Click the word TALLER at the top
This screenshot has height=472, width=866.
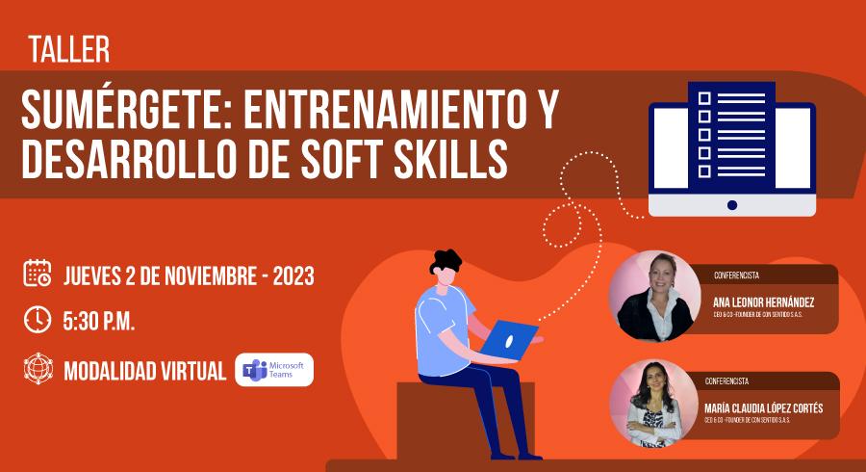69,49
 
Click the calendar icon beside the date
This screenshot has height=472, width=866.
38,273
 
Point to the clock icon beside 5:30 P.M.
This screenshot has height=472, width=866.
38,320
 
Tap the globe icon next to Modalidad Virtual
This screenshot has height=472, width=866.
38,369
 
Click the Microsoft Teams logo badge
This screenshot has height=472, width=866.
274,369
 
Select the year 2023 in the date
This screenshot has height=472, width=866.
293,275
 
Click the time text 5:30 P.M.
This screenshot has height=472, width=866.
99,321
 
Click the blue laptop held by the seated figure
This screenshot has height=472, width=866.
507,339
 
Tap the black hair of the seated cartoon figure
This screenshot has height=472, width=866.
446,261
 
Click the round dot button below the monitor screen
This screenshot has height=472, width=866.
732,205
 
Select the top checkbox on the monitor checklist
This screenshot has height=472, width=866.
704,98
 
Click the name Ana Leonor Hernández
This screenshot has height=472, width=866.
763,302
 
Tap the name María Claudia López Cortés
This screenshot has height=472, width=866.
763,408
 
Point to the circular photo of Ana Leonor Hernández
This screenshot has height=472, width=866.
655,297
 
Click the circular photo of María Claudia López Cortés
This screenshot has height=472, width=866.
654,404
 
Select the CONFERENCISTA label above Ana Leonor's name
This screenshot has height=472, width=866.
736,275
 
